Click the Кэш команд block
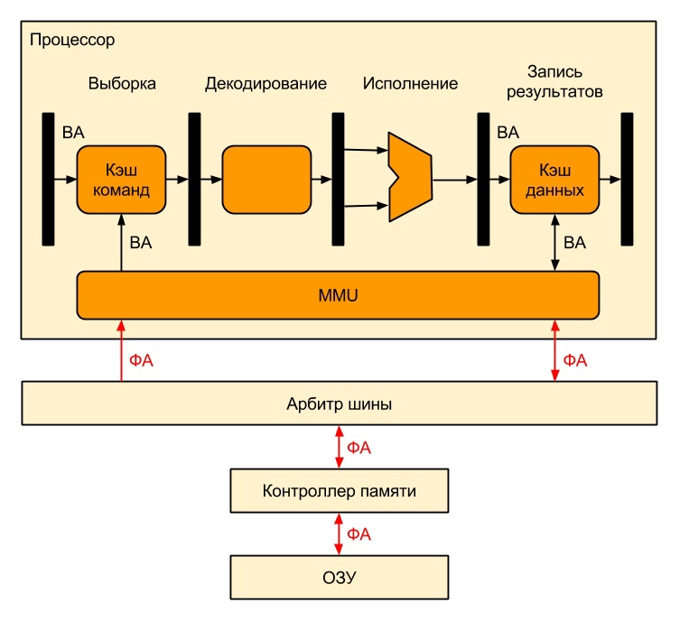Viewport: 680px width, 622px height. click(x=121, y=180)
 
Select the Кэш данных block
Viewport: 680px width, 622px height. click(x=554, y=180)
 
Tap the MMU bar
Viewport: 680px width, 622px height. click(x=339, y=293)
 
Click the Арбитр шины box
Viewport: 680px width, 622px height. click(x=339, y=404)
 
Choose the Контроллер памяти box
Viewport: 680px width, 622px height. click(x=339, y=491)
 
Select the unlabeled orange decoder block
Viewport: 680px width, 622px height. click(x=265, y=179)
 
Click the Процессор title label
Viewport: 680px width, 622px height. click(x=72, y=41)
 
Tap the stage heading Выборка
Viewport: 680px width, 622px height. click(x=122, y=84)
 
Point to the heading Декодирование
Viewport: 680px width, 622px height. click(x=265, y=84)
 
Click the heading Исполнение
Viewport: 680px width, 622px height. click(x=410, y=84)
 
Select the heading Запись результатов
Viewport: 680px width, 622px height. click(x=555, y=80)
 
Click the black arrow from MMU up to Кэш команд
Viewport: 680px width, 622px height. click(x=121, y=242)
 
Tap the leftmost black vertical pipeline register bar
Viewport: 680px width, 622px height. click(x=48, y=179)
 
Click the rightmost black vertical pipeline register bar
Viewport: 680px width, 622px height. click(x=627, y=179)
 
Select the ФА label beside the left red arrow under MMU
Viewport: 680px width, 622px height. click(x=142, y=361)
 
